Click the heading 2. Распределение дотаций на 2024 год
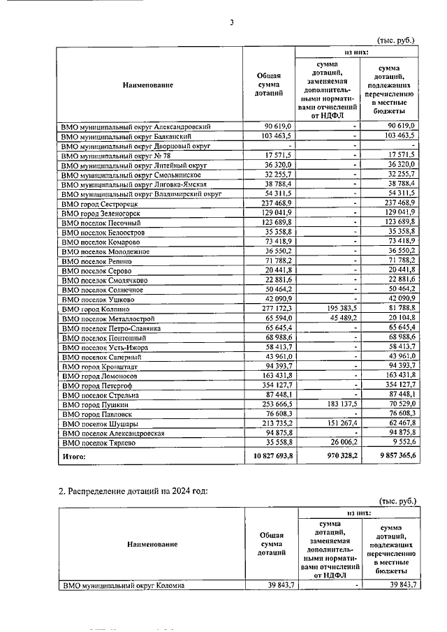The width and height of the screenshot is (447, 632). point(132,491)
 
